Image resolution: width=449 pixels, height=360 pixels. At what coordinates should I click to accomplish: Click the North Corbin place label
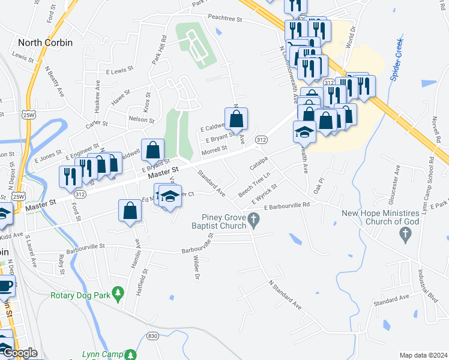click(46, 43)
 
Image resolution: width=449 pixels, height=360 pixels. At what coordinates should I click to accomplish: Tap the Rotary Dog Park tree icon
click(119, 292)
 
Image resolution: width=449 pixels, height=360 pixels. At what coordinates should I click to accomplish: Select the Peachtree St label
click(225, 19)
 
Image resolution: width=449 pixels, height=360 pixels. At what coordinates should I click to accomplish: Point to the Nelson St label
click(142, 119)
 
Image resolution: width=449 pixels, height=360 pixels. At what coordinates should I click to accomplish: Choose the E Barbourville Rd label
click(289, 206)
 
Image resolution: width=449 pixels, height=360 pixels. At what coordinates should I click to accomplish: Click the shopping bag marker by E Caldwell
click(236, 119)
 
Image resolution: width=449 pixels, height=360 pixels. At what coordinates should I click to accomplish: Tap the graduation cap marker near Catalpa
click(304, 131)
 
